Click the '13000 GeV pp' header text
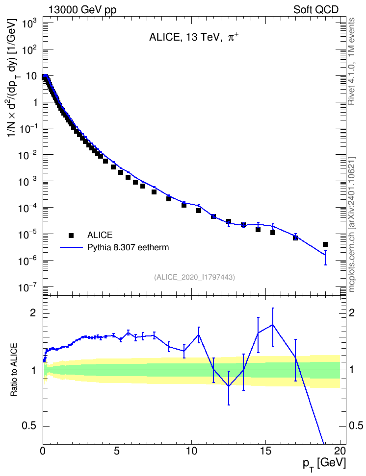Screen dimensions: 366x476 click(x=82, y=10)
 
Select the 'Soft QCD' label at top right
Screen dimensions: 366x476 click(x=316, y=10)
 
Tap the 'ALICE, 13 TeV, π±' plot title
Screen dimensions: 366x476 click(x=193, y=37)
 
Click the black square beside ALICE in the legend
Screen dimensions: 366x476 click(x=71, y=235)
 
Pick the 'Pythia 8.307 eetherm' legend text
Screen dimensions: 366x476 click(x=128, y=247)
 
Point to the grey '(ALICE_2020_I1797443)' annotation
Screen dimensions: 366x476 click(x=195, y=277)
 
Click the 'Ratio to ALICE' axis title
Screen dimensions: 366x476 click(x=14, y=370)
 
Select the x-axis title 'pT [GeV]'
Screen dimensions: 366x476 click(x=324, y=464)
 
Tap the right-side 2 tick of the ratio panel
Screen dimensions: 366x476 click(x=352, y=313)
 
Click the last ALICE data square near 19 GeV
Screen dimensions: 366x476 click(x=325, y=244)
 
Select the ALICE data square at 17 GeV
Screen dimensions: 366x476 click(x=295, y=238)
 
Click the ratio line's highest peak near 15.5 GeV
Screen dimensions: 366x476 click(x=273, y=325)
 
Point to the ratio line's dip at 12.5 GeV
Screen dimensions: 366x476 click(x=229, y=386)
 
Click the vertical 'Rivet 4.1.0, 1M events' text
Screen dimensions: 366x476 click(x=352, y=61)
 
